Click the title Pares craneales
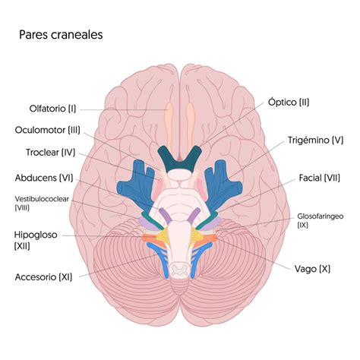(x=61, y=35)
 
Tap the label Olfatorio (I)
(x=52, y=109)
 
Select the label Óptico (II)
(x=289, y=103)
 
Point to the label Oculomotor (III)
(x=48, y=130)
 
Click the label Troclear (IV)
(x=51, y=153)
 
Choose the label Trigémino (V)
(x=315, y=140)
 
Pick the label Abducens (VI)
(x=44, y=178)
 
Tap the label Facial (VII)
(x=319, y=178)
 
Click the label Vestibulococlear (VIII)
(x=42, y=203)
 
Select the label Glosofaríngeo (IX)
(x=321, y=220)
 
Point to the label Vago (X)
(x=312, y=269)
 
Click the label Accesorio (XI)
(x=43, y=277)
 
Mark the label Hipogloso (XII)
(x=36, y=240)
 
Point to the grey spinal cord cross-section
(x=180, y=270)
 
